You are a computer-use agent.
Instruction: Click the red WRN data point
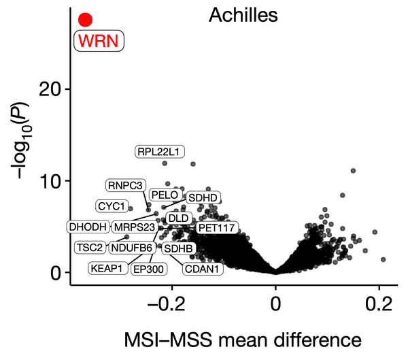tap(85, 20)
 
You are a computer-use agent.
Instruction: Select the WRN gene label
tap(99, 41)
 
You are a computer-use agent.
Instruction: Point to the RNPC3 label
tap(125, 185)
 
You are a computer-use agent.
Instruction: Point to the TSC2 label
tap(90, 247)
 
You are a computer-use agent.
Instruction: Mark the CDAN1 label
tap(202, 269)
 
